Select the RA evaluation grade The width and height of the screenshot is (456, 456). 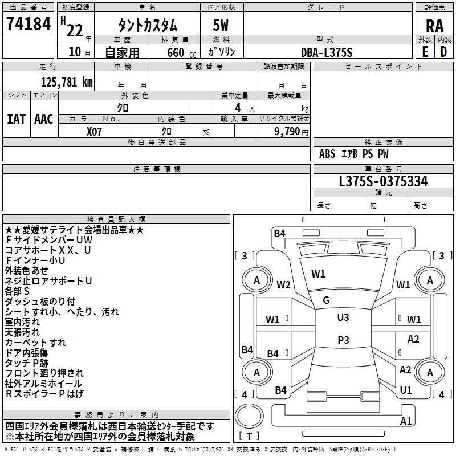[434, 26]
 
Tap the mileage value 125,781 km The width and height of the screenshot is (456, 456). [67, 82]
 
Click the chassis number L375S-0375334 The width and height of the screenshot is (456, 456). [383, 181]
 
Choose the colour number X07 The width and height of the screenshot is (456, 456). [95, 131]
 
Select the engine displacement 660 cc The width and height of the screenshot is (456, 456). [173, 52]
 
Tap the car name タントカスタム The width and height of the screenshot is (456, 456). [147, 26]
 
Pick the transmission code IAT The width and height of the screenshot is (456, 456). [17, 119]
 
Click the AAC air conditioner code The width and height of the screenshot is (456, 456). [44, 119]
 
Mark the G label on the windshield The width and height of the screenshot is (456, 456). [326, 300]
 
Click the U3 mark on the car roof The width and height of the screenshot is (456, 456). [343, 317]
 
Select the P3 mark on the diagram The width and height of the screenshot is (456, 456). [343, 340]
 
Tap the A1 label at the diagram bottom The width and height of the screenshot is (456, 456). [406, 421]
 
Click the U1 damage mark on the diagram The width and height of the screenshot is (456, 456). [406, 390]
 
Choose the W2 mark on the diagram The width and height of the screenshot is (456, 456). [283, 285]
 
